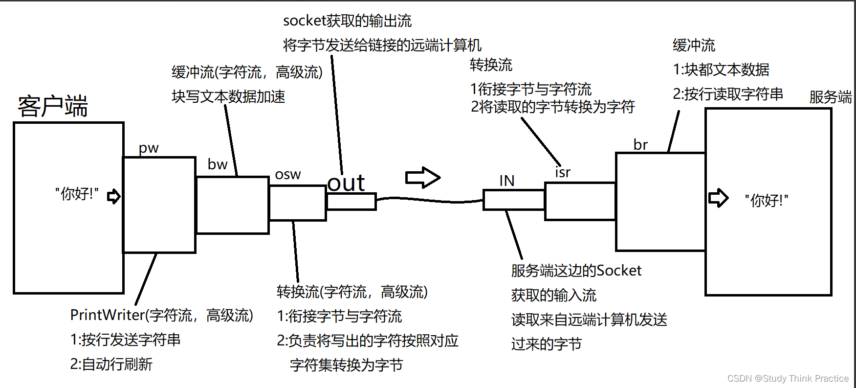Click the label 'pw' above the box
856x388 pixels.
[149, 148]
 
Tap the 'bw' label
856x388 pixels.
[217, 164]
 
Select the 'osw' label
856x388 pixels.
[288, 175]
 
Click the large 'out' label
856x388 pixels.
[346, 183]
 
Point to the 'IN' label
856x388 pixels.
[506, 181]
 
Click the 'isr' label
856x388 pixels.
[563, 172]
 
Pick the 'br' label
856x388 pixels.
[640, 145]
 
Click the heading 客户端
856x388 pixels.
[52, 106]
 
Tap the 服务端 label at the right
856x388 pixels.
[830, 97]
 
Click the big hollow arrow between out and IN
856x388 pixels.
[422, 178]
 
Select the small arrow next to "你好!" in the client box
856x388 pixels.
[113, 196]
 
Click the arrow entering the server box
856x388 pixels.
[718, 198]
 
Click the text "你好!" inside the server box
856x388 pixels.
[766, 200]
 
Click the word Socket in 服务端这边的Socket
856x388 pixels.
[619, 271]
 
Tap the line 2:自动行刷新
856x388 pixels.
[111, 364]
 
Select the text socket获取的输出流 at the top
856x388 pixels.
[347, 21]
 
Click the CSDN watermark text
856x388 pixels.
[788, 378]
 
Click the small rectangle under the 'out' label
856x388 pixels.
[351, 202]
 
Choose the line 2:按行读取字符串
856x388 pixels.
[727, 94]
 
